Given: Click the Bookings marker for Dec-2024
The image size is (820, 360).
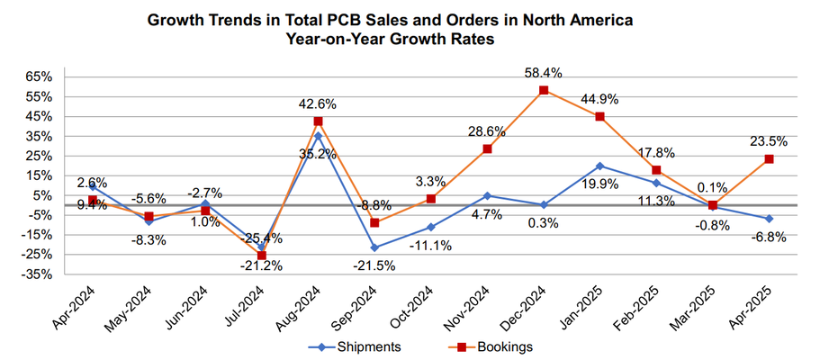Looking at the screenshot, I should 544,90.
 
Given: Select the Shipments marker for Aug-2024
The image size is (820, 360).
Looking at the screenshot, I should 319,136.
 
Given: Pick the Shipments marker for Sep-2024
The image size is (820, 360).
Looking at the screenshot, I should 374,247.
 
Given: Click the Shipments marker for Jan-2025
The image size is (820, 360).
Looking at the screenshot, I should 600,166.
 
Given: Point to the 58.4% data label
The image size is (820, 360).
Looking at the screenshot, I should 544,68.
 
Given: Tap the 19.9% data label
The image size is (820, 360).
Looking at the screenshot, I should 600,187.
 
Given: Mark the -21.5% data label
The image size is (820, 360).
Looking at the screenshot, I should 374,267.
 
